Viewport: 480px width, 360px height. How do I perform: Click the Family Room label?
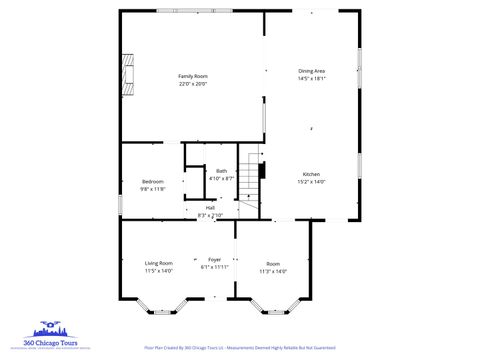tap(192, 76)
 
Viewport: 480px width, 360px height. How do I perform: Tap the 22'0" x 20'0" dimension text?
tap(192, 84)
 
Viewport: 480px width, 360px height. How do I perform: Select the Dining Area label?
tap(312, 70)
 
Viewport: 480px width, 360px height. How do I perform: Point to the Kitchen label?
tap(311, 174)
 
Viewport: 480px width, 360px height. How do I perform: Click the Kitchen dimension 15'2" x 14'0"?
tap(311, 182)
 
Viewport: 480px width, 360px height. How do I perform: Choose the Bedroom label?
tap(152, 180)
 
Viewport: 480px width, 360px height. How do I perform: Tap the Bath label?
tap(221, 171)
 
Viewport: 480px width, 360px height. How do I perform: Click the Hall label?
tap(210, 207)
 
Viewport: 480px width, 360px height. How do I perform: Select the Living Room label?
tap(159, 263)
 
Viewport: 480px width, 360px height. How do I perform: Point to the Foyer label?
tap(215, 259)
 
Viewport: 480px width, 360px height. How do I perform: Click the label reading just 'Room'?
tap(273, 263)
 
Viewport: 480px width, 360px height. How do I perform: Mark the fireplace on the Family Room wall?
tap(125, 71)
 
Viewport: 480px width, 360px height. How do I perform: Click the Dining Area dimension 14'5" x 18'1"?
tap(312, 78)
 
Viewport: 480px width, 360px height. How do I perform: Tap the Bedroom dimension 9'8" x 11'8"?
tap(152, 188)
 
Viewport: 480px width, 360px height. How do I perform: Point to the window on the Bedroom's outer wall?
tap(120, 203)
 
